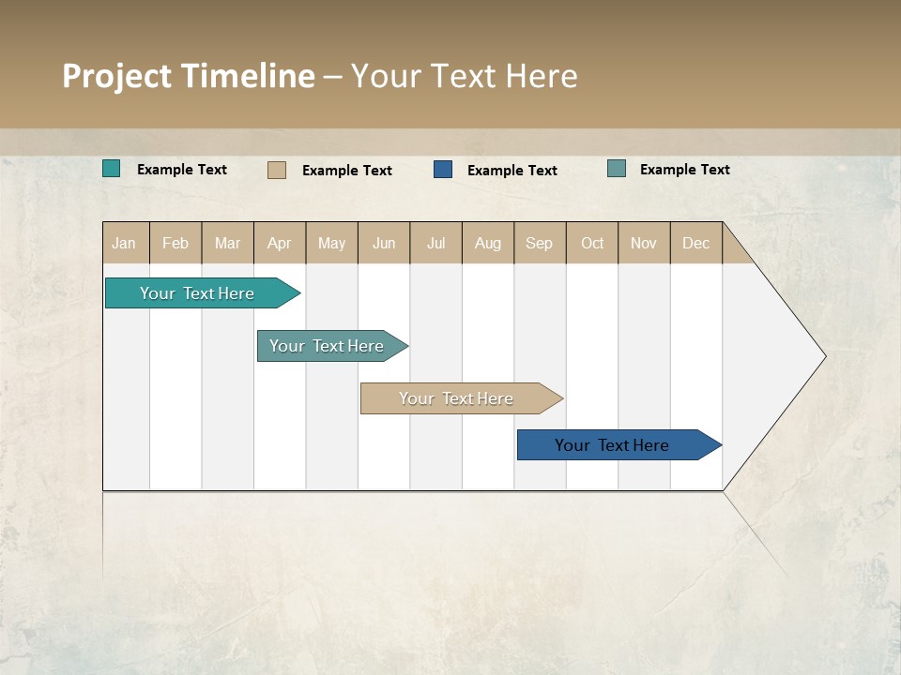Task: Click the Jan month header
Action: click(x=124, y=243)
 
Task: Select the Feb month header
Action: click(x=176, y=243)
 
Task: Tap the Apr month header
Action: click(x=279, y=243)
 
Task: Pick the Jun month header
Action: click(x=384, y=243)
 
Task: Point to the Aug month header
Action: click(x=487, y=243)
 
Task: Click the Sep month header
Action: click(x=539, y=243)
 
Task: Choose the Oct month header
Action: click(x=592, y=243)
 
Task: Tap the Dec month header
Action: click(x=695, y=243)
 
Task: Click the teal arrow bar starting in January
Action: click(x=197, y=293)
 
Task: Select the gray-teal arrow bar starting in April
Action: click(x=327, y=346)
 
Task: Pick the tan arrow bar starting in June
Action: click(x=456, y=398)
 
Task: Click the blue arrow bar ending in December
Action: click(x=612, y=445)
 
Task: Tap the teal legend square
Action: click(x=111, y=169)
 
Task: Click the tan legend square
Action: click(x=276, y=170)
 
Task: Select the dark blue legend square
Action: click(x=443, y=170)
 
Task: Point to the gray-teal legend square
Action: click(x=616, y=169)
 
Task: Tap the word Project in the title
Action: click(x=116, y=76)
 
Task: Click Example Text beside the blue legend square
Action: click(x=512, y=170)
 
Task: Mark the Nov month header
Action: click(x=643, y=243)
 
